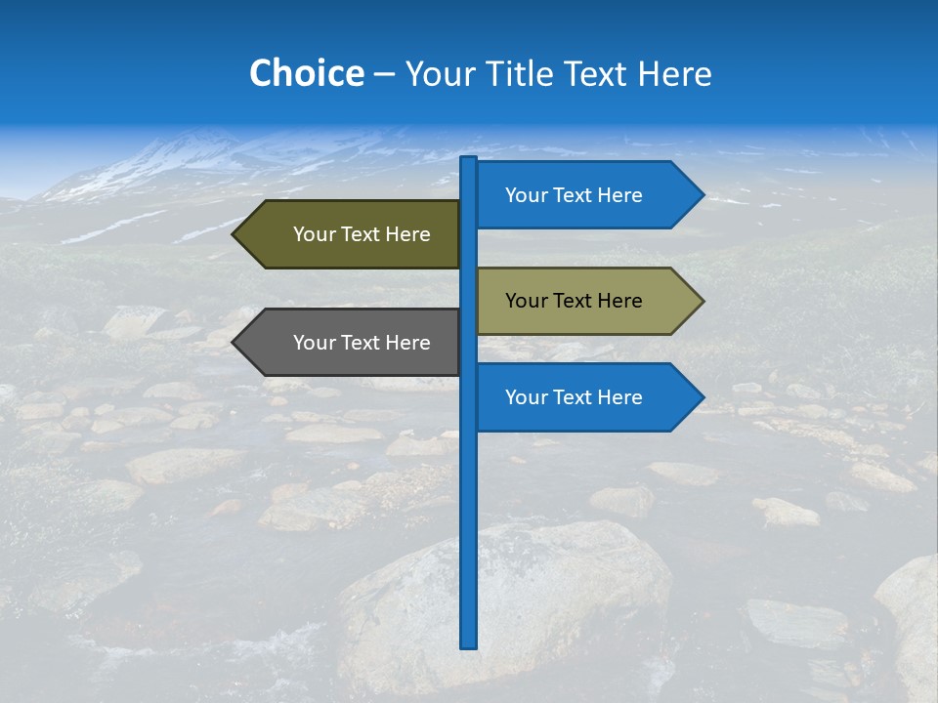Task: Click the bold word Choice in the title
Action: [x=306, y=74]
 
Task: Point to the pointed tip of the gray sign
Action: [x=235, y=343]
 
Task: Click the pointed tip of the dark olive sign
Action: [x=235, y=234]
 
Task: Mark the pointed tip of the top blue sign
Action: [x=702, y=195]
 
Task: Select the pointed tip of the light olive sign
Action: [x=702, y=301]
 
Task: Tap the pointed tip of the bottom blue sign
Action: [x=702, y=397]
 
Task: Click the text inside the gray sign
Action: [x=362, y=343]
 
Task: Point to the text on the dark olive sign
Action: [x=362, y=234]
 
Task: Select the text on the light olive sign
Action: [x=574, y=301]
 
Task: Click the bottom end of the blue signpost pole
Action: [x=469, y=644]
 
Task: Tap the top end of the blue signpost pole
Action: [x=469, y=160]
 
